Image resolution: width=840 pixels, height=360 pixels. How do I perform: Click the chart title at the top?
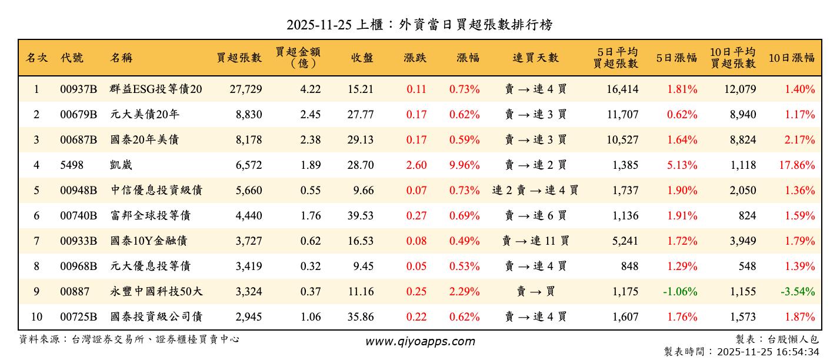pyautogui.click(x=419, y=25)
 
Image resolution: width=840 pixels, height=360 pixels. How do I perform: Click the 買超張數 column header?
pyautogui.click(x=239, y=58)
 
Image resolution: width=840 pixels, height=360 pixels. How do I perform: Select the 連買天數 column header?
pyautogui.click(x=535, y=58)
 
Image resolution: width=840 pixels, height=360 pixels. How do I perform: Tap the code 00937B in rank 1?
pyautogui.click(x=78, y=89)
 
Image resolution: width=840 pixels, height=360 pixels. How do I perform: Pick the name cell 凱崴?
pyautogui.click(x=121, y=165)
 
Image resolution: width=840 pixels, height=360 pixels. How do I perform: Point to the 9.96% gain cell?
pyautogui.click(x=464, y=165)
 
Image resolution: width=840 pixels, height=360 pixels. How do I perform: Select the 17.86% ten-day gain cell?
pyautogui.click(x=797, y=165)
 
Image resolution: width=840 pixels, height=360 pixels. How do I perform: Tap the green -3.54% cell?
pyautogui.click(x=798, y=292)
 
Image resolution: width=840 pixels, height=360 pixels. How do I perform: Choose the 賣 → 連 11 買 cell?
pyautogui.click(x=535, y=241)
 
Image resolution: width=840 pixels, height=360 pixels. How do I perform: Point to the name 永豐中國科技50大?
pyautogui.click(x=156, y=292)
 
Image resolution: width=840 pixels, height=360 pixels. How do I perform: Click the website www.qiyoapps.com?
pyautogui.click(x=419, y=341)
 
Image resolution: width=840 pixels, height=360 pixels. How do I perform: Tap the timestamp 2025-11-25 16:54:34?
pyautogui.click(x=741, y=352)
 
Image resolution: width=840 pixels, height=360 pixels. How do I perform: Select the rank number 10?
pyautogui.click(x=36, y=317)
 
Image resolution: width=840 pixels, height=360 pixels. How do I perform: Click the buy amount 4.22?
pyautogui.click(x=311, y=89)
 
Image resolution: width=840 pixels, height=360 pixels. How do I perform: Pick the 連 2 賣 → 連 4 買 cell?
pyautogui.click(x=535, y=191)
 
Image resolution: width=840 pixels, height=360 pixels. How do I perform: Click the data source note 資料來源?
pyautogui.click(x=129, y=339)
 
